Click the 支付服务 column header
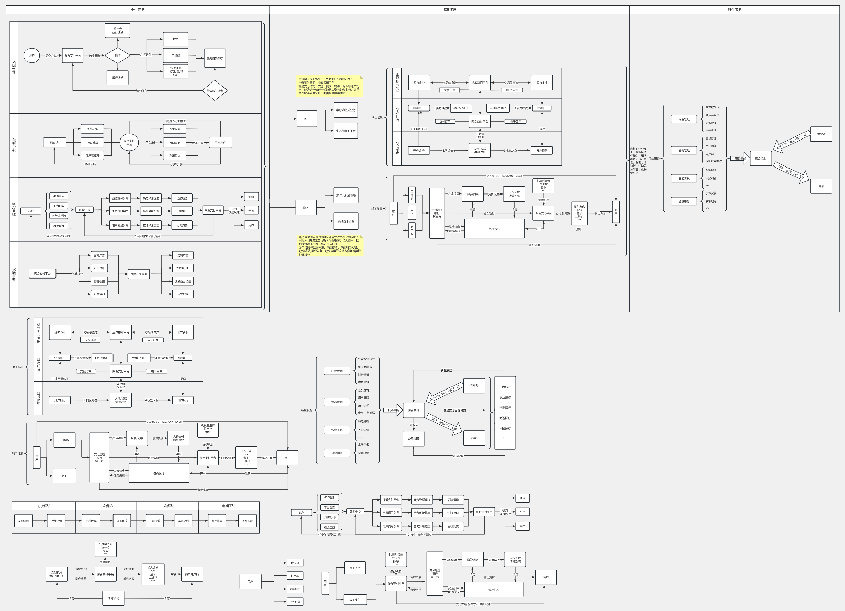click(x=137, y=10)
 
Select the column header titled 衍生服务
click(x=734, y=10)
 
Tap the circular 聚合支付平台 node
click(x=129, y=143)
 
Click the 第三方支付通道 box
click(x=118, y=31)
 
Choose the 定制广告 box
click(x=183, y=255)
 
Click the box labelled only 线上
click(x=306, y=119)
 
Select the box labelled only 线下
click(x=305, y=207)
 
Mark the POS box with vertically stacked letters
click(x=412, y=230)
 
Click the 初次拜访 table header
click(x=44, y=506)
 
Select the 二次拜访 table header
click(x=106, y=506)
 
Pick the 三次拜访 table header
click(x=167, y=506)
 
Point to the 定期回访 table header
click(x=229, y=506)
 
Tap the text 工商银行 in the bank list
click(x=505, y=387)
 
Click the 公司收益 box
click(x=413, y=438)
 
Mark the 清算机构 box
click(x=114, y=598)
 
